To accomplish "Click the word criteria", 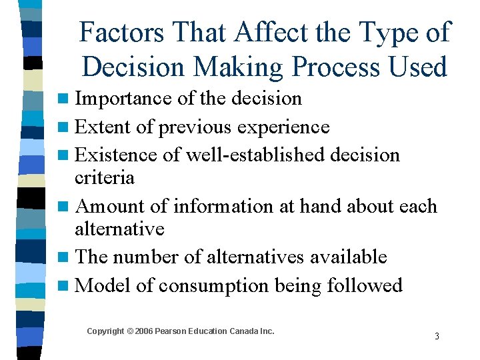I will tap(105, 177).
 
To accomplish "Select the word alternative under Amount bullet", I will tap(119, 229).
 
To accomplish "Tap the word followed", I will tap(365, 285).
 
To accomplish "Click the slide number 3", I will tap(437, 336).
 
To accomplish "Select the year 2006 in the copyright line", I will tap(144, 331).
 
